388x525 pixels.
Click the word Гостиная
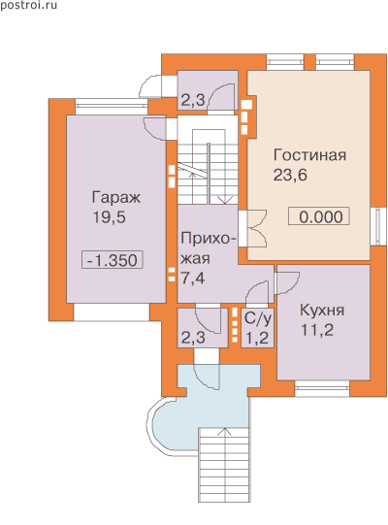[x=309, y=155]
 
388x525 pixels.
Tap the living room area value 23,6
[x=290, y=175]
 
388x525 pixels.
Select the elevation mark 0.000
[x=320, y=217]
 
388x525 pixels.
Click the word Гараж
[x=115, y=198]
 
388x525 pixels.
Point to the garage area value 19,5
[x=110, y=217]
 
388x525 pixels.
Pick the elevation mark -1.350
[x=113, y=260]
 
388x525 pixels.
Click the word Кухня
[x=322, y=311]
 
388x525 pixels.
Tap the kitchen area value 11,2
[x=317, y=330]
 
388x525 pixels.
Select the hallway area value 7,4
[x=193, y=279]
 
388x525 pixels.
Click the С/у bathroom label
[x=257, y=318]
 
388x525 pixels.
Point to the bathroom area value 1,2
[x=257, y=338]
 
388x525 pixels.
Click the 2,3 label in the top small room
[x=193, y=100]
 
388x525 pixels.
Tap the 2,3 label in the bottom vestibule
[x=193, y=338]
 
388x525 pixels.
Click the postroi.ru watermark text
[x=29, y=6]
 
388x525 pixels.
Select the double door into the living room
[x=253, y=228]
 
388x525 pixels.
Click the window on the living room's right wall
[x=378, y=226]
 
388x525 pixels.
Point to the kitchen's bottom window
[x=322, y=388]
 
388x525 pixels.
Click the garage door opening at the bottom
[x=112, y=312]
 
